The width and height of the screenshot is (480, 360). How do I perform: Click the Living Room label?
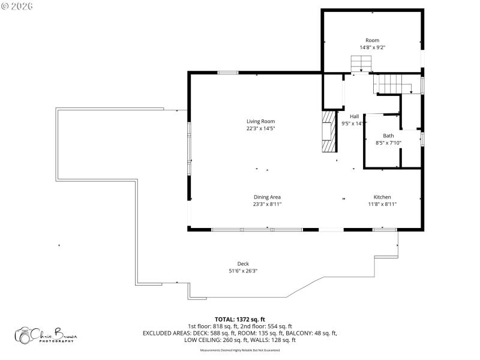(260, 121)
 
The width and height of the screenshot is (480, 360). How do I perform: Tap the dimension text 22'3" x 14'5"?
(260, 128)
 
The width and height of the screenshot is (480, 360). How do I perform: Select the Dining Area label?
(267, 197)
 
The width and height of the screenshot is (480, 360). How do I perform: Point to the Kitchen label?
(382, 197)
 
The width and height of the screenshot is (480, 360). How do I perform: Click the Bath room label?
(388, 136)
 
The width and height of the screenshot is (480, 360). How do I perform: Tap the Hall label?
(354, 116)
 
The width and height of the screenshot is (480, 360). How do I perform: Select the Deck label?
(243, 263)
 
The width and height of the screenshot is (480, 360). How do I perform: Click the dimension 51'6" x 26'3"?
(243, 271)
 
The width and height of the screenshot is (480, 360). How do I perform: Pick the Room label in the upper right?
(373, 40)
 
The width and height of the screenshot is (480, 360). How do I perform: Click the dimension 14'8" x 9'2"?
(373, 47)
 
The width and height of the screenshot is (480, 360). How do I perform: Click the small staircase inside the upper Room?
(361, 62)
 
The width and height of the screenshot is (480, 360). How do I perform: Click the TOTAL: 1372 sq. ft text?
(239, 319)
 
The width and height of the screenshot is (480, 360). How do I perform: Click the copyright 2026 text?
(18, 6)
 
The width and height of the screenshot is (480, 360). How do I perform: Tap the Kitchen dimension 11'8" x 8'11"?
(382, 204)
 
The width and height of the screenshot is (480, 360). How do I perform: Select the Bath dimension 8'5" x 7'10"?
(388, 142)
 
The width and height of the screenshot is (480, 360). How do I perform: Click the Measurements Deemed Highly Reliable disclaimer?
(239, 349)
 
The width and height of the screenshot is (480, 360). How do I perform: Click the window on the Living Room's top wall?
(227, 73)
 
